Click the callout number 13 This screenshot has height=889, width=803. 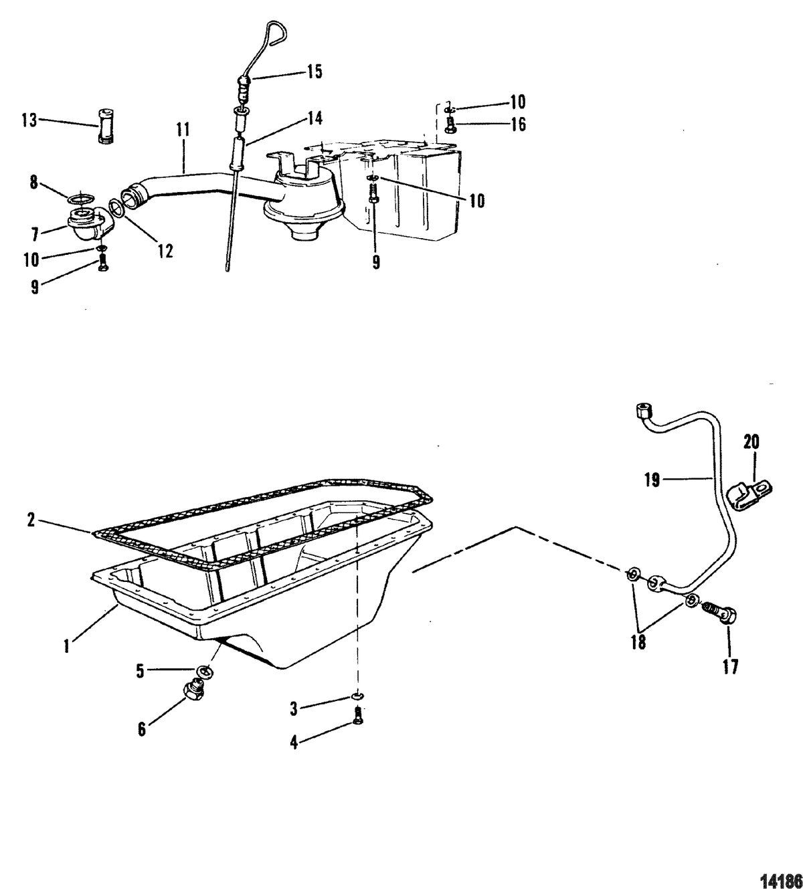pyautogui.click(x=30, y=120)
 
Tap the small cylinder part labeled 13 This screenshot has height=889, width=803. pyautogui.click(x=105, y=125)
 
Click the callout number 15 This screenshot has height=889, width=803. pyautogui.click(x=315, y=72)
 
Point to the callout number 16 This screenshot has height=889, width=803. pyautogui.click(x=517, y=124)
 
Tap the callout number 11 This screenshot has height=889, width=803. pyautogui.click(x=183, y=130)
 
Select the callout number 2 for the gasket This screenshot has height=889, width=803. pyautogui.click(x=31, y=520)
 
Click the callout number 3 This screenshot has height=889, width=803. pyautogui.click(x=293, y=709)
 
